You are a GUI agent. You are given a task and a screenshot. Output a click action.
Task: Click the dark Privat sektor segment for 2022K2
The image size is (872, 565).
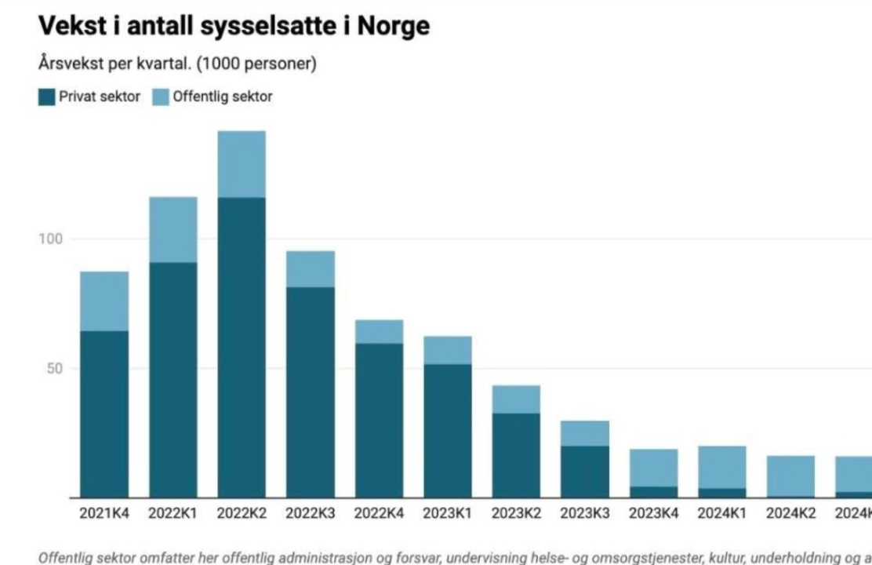pos(242,347)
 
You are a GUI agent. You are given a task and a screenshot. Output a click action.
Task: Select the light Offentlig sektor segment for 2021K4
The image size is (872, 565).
pos(104,301)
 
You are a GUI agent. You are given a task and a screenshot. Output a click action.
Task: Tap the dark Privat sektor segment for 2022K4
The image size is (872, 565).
pos(379,420)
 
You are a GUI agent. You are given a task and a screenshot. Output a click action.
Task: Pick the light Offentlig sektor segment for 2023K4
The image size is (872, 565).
pos(653,468)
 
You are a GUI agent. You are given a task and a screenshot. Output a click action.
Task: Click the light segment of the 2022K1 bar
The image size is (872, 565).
pos(173,229)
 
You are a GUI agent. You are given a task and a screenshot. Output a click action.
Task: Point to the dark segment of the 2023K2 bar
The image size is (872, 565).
pos(516,455)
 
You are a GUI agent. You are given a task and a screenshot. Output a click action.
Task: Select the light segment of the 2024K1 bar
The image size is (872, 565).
pos(722,467)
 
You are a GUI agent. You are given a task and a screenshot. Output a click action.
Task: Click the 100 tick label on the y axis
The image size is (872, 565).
pos(51,239)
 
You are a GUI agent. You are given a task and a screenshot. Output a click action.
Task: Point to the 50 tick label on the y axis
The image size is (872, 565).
pos(54,368)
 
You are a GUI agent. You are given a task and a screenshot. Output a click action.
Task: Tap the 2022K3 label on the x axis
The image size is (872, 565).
pos(310,513)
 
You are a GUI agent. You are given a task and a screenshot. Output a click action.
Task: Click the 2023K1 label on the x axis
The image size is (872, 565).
pos(448,513)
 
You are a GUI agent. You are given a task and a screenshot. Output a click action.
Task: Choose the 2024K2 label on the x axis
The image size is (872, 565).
pos(791,513)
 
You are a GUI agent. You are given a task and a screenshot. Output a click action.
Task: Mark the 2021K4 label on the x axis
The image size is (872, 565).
pos(104,513)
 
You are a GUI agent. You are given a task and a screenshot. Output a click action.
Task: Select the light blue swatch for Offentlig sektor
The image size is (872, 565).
pos(160,97)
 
